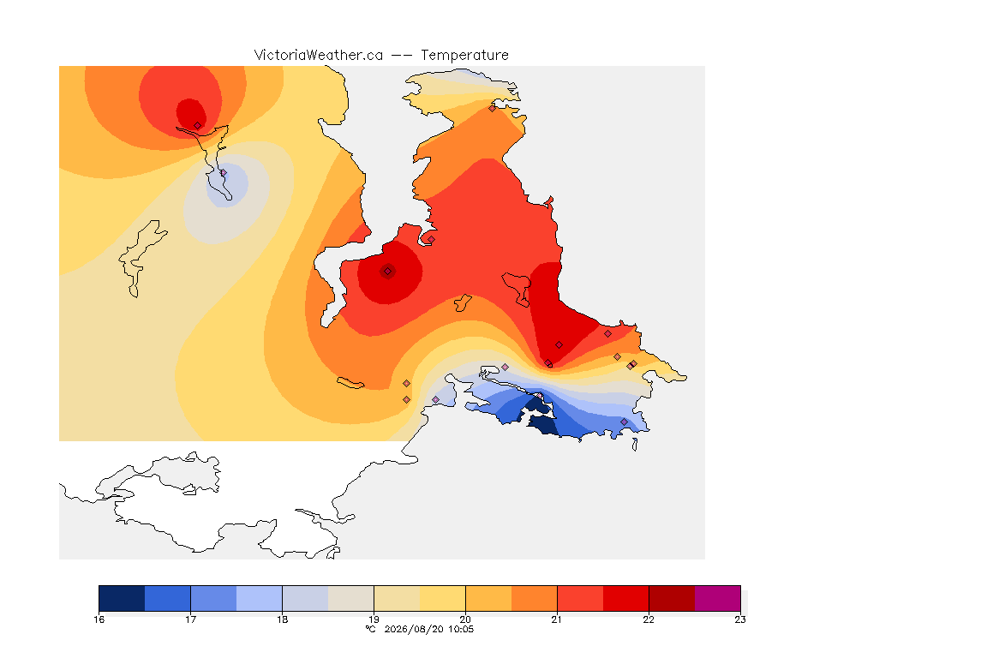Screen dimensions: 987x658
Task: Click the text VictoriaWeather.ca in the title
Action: click(x=319, y=55)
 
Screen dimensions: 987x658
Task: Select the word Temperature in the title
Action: click(x=464, y=55)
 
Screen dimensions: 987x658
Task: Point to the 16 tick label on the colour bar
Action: click(x=99, y=619)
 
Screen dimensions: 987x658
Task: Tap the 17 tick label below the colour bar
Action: click(x=191, y=619)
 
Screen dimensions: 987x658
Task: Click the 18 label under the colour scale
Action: click(x=282, y=619)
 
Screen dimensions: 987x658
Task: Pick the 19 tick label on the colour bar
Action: click(x=374, y=619)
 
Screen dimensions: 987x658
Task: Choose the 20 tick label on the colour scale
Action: click(x=465, y=619)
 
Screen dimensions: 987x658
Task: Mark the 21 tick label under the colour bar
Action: click(x=556, y=619)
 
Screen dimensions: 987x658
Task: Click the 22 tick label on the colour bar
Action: click(x=649, y=619)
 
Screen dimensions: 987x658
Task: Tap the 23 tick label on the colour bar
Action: click(x=740, y=619)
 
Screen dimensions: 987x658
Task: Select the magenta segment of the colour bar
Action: click(x=718, y=598)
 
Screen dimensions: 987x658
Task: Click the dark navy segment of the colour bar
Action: click(x=123, y=598)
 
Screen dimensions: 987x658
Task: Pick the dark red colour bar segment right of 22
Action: click(x=672, y=598)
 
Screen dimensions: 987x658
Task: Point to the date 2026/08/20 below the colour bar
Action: click(x=413, y=629)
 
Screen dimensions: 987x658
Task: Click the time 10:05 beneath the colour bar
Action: click(x=461, y=629)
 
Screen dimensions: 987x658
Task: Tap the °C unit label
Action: click(x=370, y=629)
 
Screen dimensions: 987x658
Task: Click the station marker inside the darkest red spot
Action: click(x=388, y=272)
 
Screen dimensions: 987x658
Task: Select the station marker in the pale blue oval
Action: click(x=223, y=172)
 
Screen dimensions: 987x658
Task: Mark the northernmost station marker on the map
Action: click(x=493, y=108)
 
